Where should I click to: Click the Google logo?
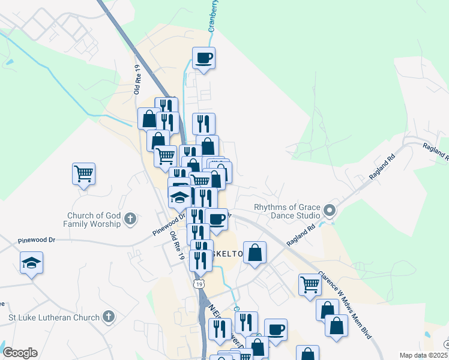[x=20, y=353]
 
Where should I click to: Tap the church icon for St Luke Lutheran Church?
[x=108, y=316]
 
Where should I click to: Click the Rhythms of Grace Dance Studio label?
[x=288, y=211]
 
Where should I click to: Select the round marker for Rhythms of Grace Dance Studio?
[x=329, y=211]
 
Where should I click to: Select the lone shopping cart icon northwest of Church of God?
[x=83, y=174]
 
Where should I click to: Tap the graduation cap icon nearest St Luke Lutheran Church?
[x=31, y=263]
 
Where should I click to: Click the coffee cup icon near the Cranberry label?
[x=204, y=58]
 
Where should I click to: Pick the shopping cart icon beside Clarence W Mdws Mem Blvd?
[x=310, y=284]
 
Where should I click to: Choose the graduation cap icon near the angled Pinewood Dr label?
[x=179, y=197]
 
